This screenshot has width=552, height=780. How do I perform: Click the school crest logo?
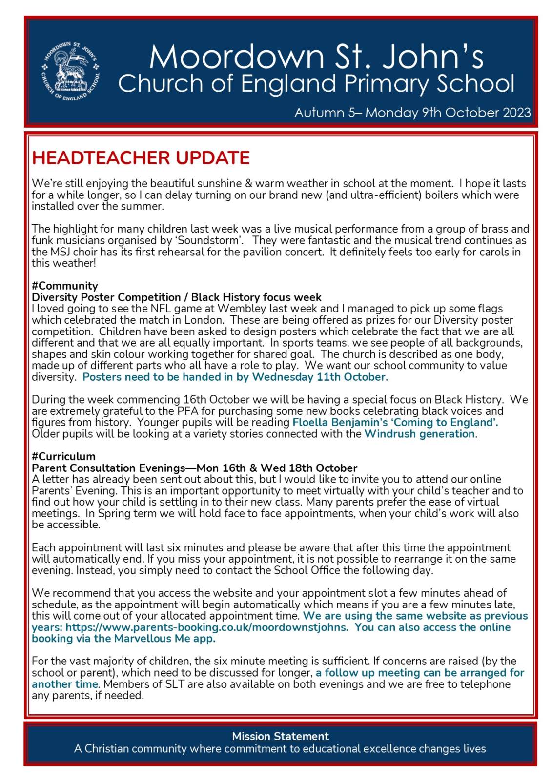(x=71, y=71)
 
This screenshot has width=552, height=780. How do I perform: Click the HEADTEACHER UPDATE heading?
(x=141, y=158)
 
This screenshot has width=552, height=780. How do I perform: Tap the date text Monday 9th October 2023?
(x=448, y=113)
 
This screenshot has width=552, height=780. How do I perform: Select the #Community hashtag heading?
(x=64, y=286)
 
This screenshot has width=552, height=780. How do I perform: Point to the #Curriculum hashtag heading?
(x=63, y=456)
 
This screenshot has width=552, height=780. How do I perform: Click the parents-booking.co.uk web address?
(x=207, y=627)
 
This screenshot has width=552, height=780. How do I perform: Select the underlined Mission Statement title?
(x=280, y=736)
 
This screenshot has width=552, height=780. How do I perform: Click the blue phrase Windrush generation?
(x=420, y=434)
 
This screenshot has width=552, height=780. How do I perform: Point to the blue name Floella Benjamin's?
(x=340, y=422)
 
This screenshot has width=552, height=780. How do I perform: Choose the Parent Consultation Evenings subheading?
(x=194, y=468)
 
